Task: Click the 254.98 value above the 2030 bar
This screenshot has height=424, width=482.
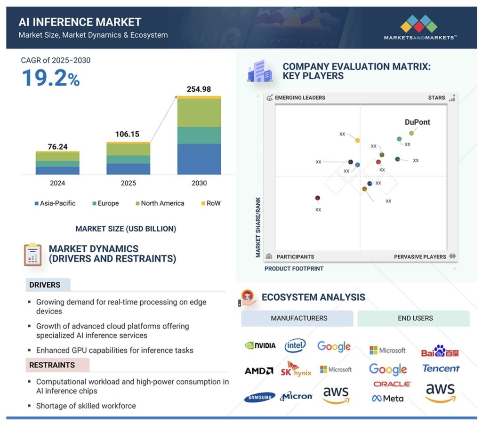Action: (199, 89)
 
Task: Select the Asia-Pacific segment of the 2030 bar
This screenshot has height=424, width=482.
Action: (199, 159)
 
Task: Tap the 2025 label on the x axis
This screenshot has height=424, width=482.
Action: (128, 183)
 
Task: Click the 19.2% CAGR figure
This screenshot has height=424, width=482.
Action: (50, 78)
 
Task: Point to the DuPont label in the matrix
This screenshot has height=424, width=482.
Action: (418, 122)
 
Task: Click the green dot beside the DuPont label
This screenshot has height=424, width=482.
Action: (411, 133)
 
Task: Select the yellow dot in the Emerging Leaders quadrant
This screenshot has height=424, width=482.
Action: (357, 140)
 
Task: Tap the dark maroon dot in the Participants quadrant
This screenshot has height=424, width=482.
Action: (318, 198)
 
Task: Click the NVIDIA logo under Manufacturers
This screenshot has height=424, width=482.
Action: (260, 345)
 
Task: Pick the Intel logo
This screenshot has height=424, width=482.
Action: (295, 346)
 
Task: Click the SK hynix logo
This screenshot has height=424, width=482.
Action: (296, 369)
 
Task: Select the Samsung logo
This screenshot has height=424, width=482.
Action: (259, 397)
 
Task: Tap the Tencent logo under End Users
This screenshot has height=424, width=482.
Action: (441, 368)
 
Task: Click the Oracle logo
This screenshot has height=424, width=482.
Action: (392, 384)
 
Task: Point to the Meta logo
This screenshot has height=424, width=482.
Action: (387, 399)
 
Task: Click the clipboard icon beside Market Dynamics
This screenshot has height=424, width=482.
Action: (33, 254)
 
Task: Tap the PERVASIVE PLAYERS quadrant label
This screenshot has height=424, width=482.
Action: (420, 257)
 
